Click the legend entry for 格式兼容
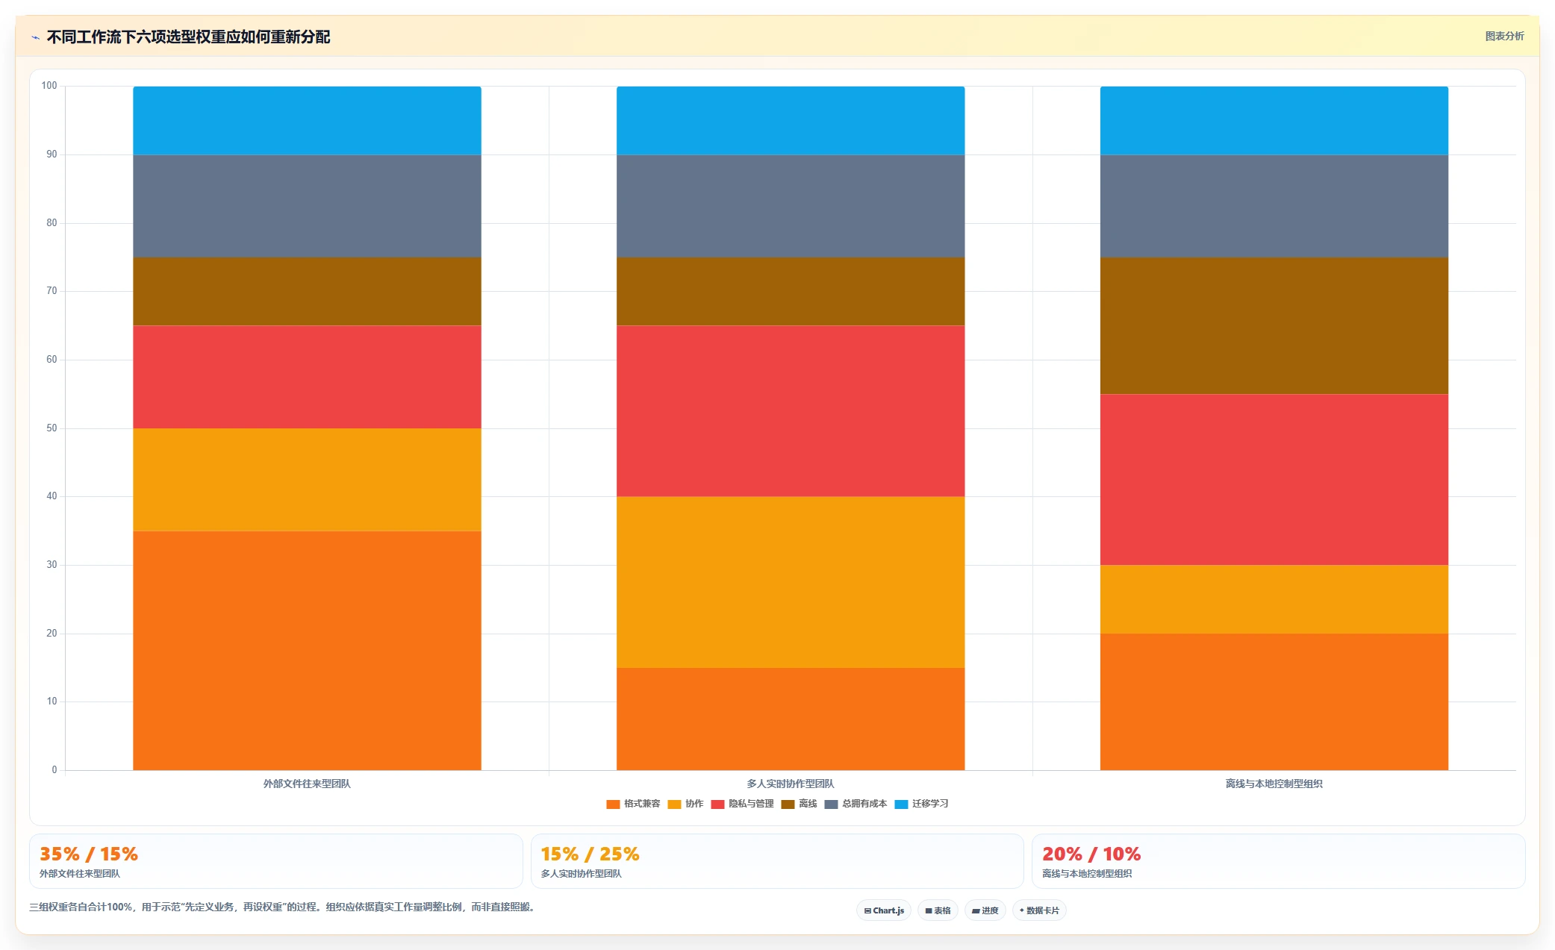[633, 804]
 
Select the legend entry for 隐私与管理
[742, 804]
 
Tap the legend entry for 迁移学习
[921, 804]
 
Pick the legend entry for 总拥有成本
[856, 804]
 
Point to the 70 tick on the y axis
[52, 291]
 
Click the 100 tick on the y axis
[49, 86]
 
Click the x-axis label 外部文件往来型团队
[307, 784]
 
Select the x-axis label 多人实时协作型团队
[791, 784]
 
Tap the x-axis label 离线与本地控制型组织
[1274, 784]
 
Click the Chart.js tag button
[884, 910]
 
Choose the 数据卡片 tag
[1039, 910]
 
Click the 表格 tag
[938, 910]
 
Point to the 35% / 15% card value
[89, 854]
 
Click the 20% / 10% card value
[1091, 854]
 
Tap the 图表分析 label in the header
[1504, 36]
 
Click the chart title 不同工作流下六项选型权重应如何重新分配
[188, 37]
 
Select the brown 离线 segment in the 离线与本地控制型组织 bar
[1274, 325]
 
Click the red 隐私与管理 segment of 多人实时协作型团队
[791, 411]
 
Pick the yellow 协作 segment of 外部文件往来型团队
[307, 480]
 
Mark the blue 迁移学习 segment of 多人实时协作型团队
[791, 121]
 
